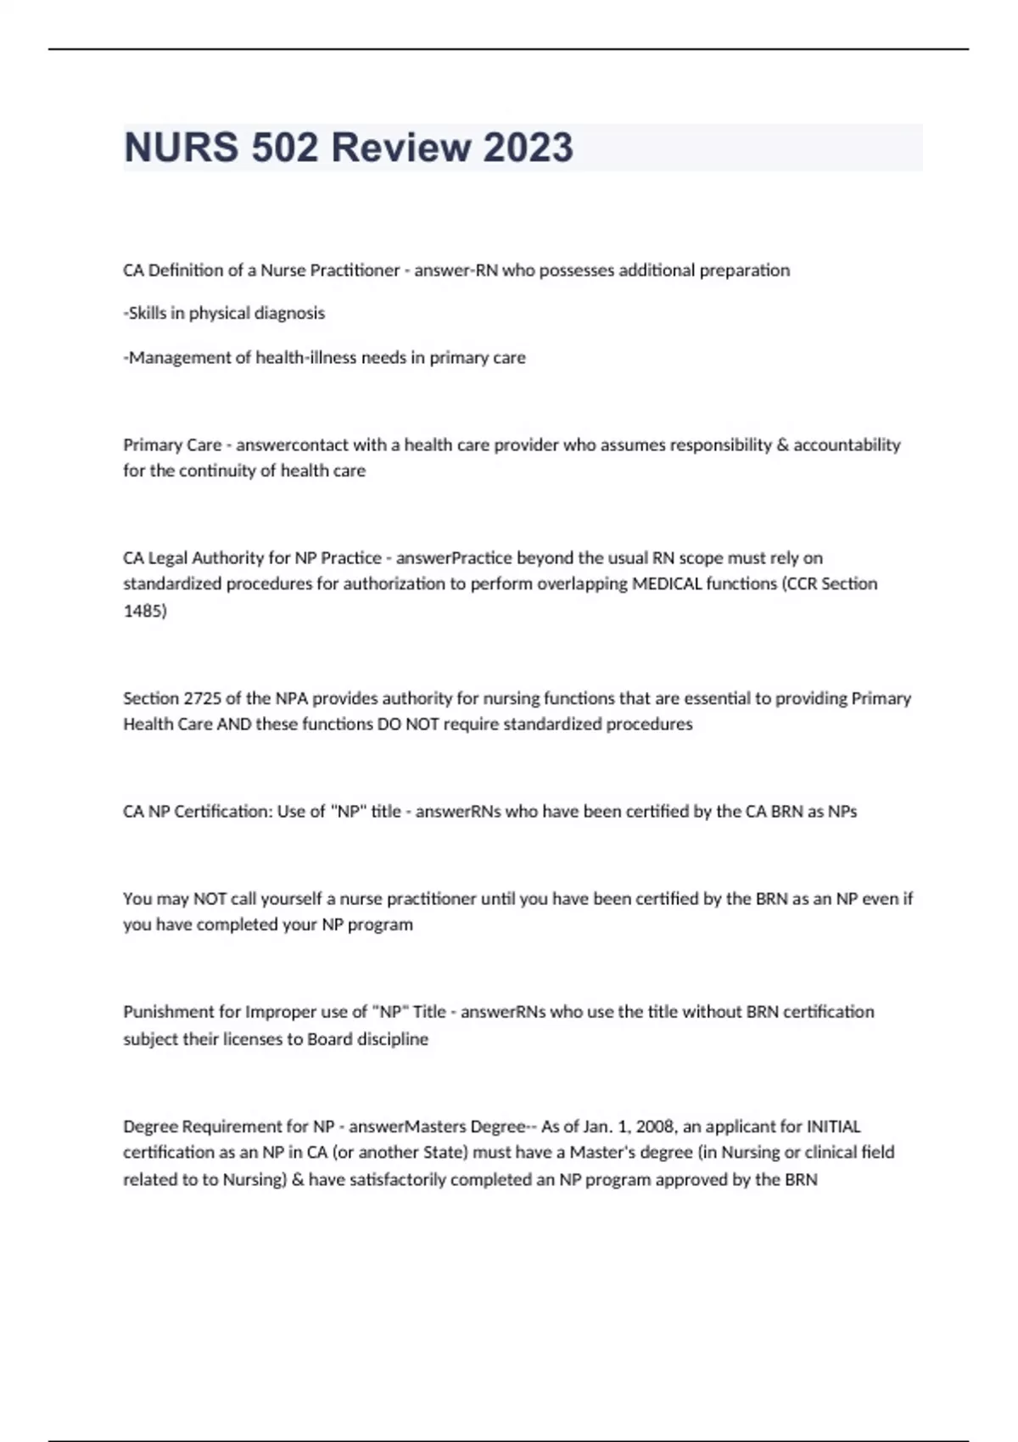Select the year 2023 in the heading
click(x=528, y=148)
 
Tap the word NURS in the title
click(x=179, y=148)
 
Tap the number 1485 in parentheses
click(x=143, y=611)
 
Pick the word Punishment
click(x=169, y=1012)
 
